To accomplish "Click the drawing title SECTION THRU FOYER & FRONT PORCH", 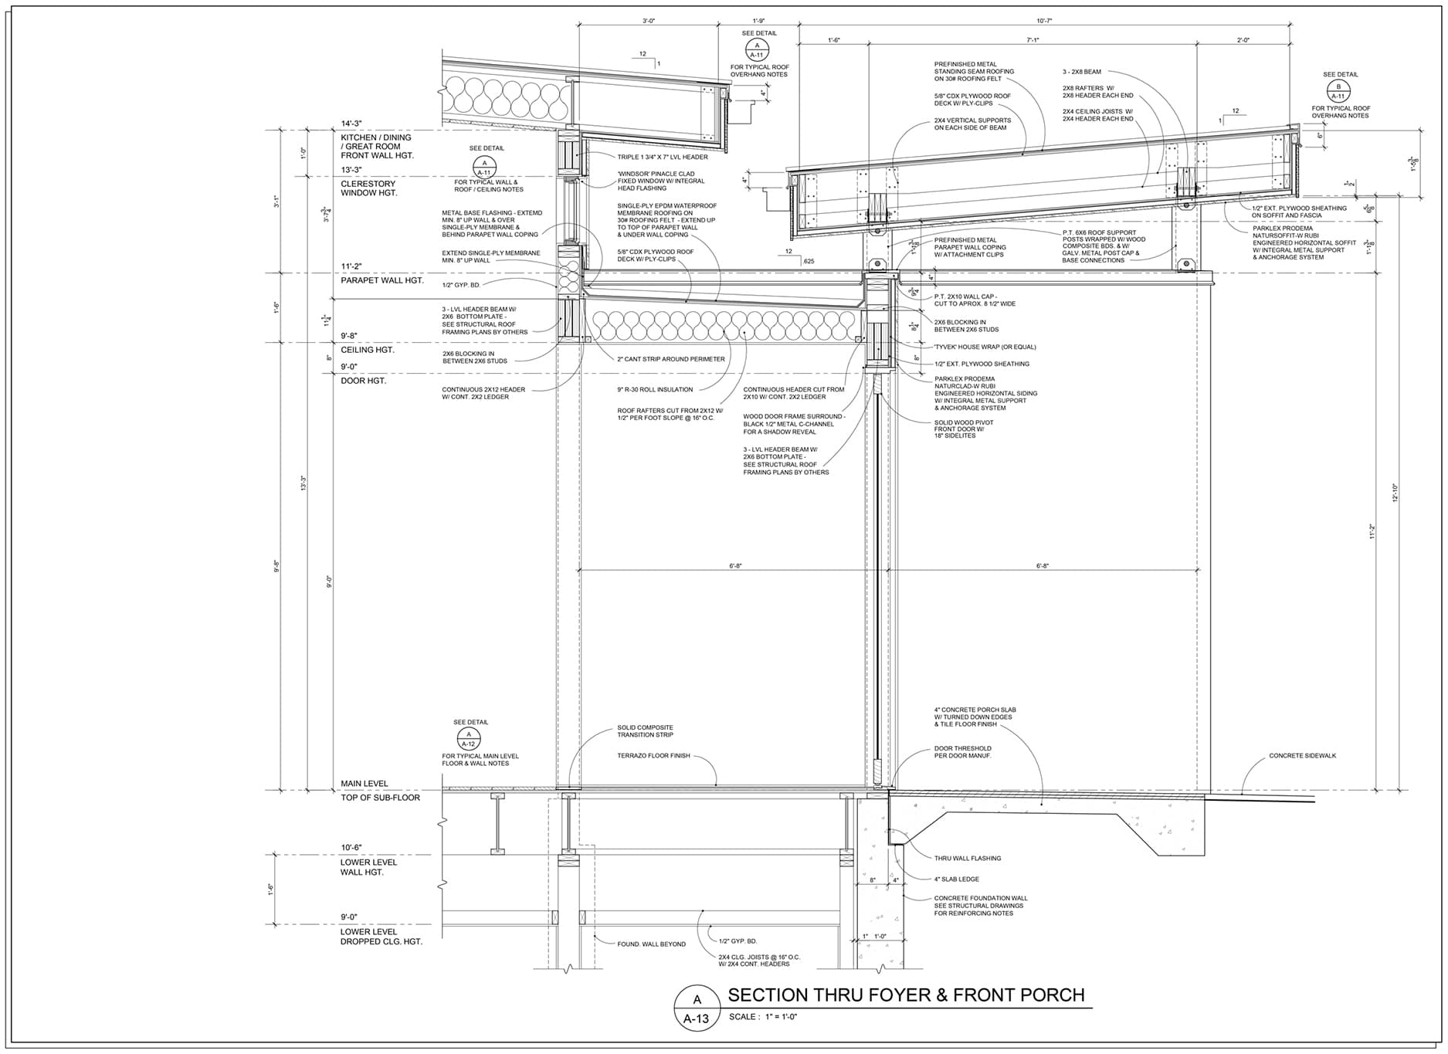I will (x=906, y=995).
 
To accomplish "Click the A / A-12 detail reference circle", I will (x=469, y=739).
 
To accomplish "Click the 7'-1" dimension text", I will (x=1033, y=40).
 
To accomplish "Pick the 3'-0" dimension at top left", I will (x=649, y=21).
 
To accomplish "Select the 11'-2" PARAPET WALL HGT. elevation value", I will (x=351, y=266).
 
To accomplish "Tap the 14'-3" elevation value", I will (x=351, y=124).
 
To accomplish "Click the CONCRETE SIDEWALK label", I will (x=1302, y=756).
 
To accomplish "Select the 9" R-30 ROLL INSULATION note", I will (x=655, y=390).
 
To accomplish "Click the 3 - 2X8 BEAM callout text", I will (x=1081, y=72).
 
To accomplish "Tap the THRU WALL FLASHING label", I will (x=967, y=859).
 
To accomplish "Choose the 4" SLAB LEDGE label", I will (x=956, y=879).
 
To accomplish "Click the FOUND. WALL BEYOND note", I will (x=651, y=944).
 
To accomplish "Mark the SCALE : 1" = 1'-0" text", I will (x=762, y=1017).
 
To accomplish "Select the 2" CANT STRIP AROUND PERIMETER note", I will (x=670, y=359).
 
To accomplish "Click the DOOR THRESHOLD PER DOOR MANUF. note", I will (x=962, y=752).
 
